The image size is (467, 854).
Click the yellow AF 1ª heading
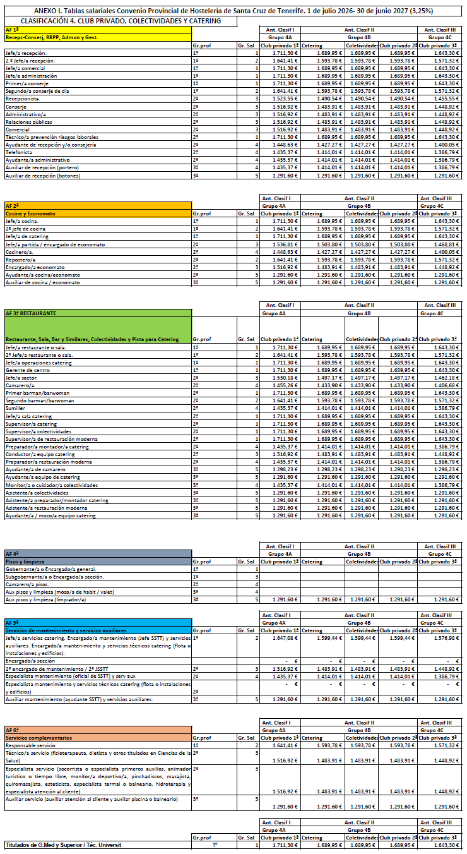(x=12, y=30)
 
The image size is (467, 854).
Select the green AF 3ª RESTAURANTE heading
(x=31, y=313)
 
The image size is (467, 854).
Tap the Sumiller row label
(x=16, y=408)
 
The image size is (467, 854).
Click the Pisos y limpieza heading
(x=25, y=561)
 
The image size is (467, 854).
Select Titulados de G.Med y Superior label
(x=63, y=845)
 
